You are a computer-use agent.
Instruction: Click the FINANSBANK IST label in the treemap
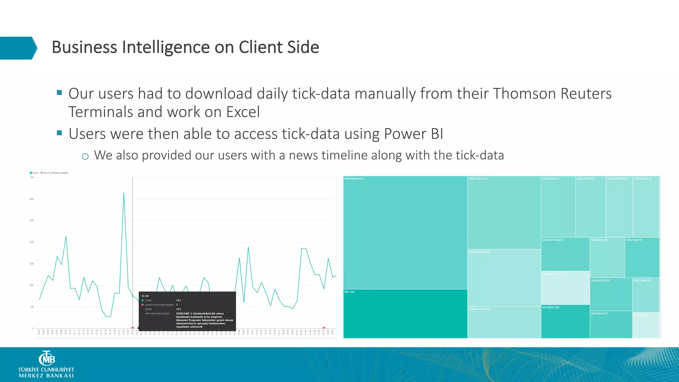354,179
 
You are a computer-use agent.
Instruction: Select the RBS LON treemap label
349,292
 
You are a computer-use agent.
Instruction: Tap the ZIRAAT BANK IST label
478,179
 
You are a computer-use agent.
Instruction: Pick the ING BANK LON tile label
551,307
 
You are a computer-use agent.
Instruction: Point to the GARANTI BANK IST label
553,240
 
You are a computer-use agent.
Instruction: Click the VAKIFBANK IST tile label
599,313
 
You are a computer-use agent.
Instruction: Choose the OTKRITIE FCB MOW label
479,309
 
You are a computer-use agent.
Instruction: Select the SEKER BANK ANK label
617,179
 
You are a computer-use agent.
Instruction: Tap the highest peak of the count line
124,193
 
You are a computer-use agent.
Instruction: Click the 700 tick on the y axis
31,177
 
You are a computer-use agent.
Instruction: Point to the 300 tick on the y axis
31,264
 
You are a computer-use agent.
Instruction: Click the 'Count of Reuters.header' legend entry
55,173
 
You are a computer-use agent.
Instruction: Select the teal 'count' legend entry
34,173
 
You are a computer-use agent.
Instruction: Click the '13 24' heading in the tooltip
145,296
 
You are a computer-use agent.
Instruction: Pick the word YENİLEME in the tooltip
183,313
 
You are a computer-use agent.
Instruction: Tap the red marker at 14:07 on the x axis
324,328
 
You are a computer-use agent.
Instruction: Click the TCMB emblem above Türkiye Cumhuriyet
47,358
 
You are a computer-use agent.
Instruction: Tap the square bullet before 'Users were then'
60,133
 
